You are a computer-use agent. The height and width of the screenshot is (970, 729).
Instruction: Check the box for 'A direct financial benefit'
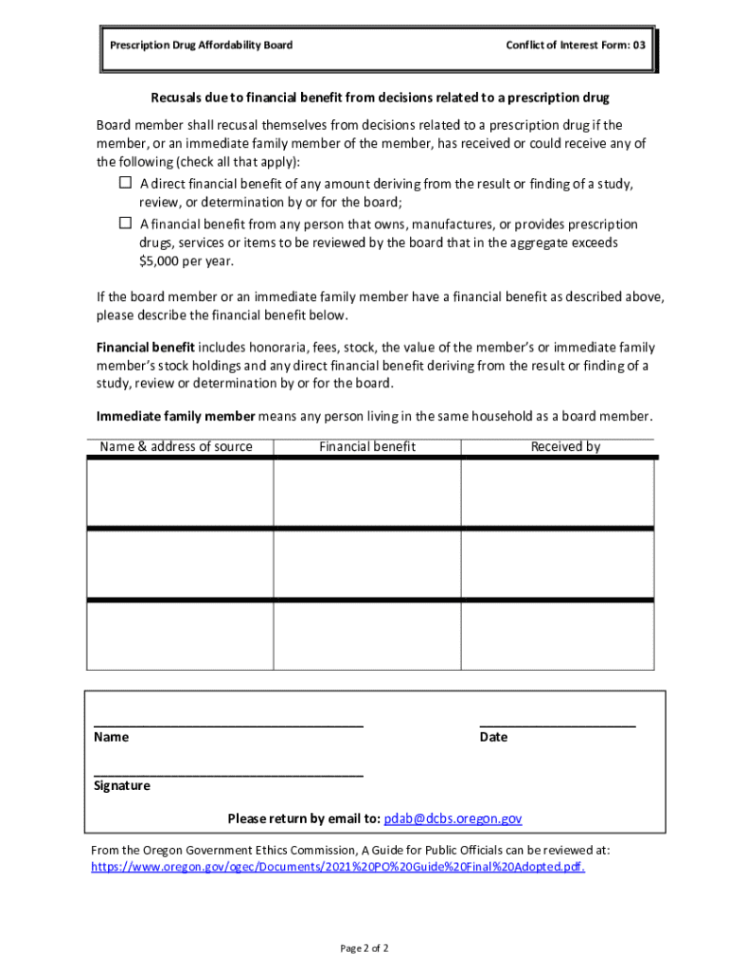pos(125,183)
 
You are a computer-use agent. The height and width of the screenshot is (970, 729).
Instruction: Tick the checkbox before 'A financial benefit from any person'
pos(125,224)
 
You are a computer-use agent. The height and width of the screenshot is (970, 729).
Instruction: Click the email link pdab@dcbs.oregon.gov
pos(453,818)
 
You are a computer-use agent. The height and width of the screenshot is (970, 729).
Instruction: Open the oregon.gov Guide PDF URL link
pos(338,867)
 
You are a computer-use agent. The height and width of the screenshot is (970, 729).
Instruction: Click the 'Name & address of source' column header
pos(176,447)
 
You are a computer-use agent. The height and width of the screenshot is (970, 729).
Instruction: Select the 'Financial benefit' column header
pos(367,447)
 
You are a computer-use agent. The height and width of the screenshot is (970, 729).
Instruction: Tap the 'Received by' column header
pos(565,447)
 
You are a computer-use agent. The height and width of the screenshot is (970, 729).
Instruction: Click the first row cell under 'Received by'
pos(557,493)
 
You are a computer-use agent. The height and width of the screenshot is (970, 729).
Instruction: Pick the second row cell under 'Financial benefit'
pos(367,564)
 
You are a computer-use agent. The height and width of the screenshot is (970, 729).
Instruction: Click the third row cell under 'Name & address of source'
pos(180,636)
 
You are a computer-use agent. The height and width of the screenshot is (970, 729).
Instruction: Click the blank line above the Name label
pos(228,724)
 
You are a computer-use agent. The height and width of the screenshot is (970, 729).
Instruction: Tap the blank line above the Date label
pos(558,724)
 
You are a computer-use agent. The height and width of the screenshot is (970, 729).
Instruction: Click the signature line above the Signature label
pos(228,774)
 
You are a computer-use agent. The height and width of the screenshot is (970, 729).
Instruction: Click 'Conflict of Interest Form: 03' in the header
pos(577,45)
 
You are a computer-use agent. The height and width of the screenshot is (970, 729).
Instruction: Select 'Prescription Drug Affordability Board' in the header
pos(201,45)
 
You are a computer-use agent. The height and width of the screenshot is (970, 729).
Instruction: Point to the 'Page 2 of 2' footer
pos(364,948)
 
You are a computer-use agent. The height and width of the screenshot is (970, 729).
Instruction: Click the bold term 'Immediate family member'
pos(175,417)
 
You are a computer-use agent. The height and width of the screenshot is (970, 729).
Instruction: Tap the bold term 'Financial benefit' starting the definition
pos(146,348)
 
